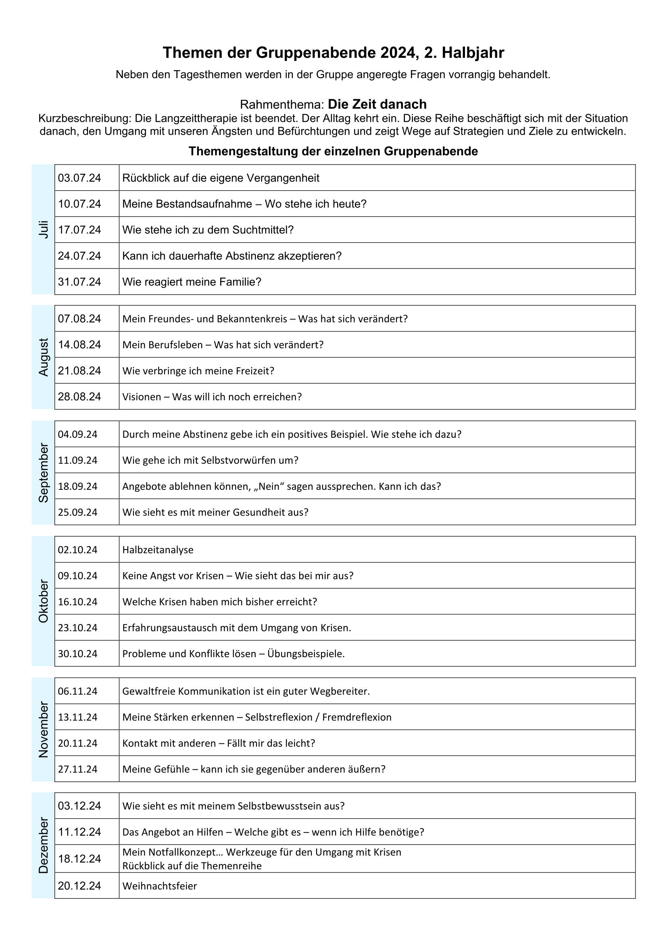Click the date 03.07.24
(79, 178)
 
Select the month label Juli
(44, 229)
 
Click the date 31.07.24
(79, 282)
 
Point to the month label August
(44, 357)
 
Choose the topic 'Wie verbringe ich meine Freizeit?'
(198, 371)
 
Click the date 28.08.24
(79, 397)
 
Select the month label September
(44, 473)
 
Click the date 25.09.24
(77, 512)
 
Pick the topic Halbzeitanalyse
(158, 550)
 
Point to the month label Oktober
(44, 601)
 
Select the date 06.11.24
(77, 691)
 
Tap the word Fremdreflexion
(356, 717)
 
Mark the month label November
(44, 729)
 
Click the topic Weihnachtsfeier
(159, 886)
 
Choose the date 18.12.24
(79, 859)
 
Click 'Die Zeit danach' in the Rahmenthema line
(377, 104)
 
